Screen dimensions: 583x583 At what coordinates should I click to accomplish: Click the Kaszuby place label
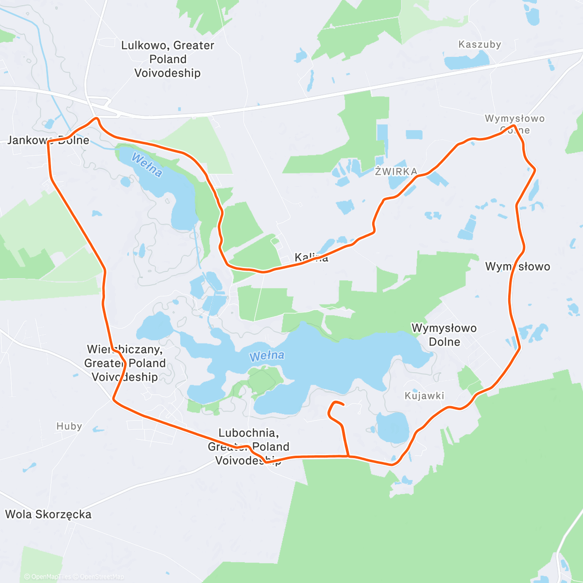(480, 45)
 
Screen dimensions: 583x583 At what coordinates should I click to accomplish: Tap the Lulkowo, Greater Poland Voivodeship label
(168, 59)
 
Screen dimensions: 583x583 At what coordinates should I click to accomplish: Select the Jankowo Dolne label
(48, 140)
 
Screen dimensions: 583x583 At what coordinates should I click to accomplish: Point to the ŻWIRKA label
(396, 171)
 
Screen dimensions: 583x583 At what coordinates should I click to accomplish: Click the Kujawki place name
(424, 396)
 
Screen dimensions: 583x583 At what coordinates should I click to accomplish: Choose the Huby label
(69, 427)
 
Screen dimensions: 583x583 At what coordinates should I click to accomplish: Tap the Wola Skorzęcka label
(48, 514)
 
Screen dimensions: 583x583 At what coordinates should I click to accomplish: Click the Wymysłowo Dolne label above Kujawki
(444, 335)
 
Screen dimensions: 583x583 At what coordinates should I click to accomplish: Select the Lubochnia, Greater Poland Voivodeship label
(248, 446)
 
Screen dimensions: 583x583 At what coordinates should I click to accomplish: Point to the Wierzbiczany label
(125, 363)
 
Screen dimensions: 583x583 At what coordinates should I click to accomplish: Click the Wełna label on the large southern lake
(267, 356)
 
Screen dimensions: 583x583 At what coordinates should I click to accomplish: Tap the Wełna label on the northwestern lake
(146, 165)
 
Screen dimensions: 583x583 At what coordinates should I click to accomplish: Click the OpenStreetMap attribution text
(102, 577)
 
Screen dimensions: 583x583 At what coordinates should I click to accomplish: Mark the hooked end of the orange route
(343, 404)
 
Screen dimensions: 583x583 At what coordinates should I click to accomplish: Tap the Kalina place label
(311, 257)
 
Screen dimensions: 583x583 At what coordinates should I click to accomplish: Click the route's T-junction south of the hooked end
(348, 456)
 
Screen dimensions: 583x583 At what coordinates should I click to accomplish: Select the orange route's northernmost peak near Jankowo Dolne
(96, 118)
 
